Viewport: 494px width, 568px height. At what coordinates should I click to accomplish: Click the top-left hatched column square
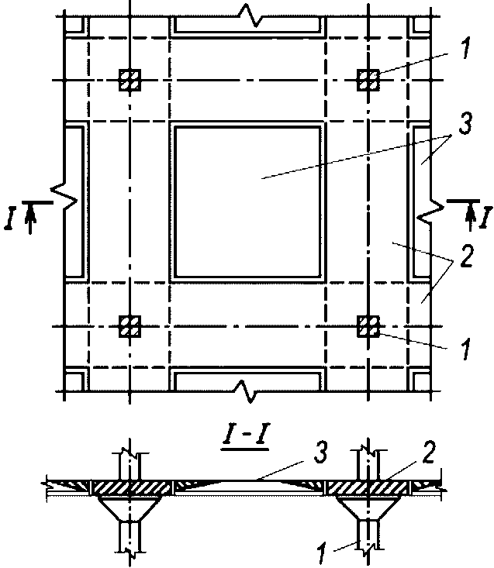pyautogui.click(x=130, y=80)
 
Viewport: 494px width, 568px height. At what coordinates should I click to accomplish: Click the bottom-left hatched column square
pyautogui.click(x=130, y=327)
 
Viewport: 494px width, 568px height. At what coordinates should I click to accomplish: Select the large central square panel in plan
pyautogui.click(x=248, y=201)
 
